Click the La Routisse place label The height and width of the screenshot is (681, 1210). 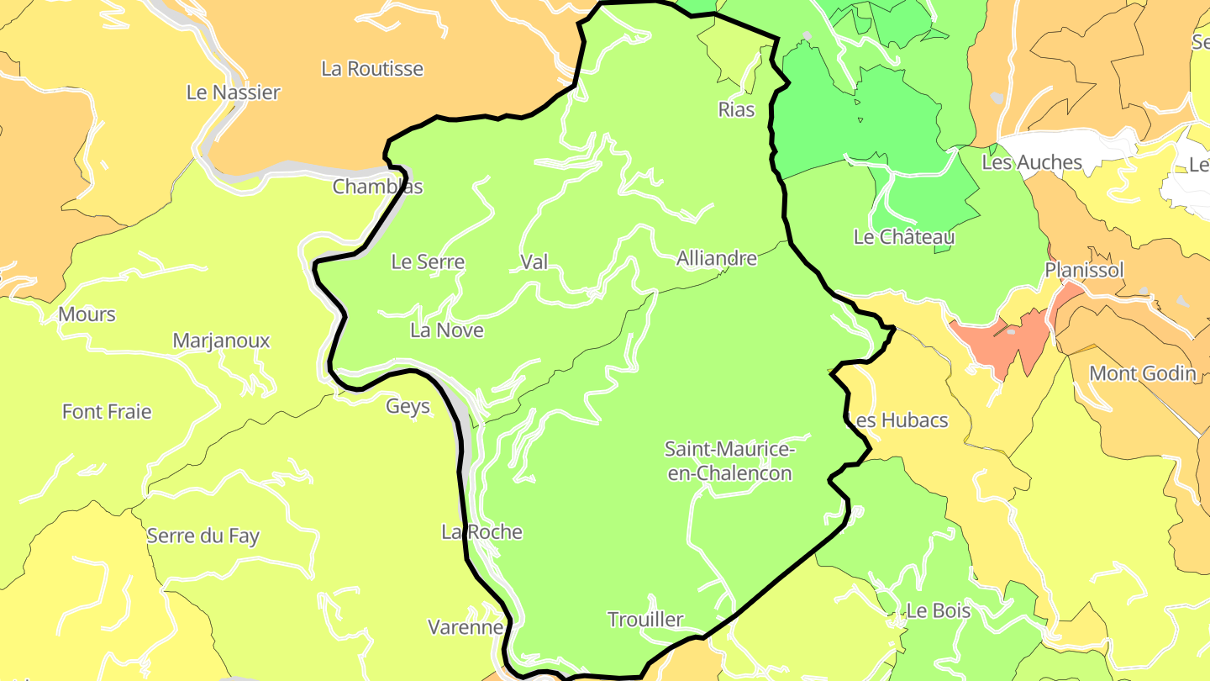tap(372, 69)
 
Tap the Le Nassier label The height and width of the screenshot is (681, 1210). tap(234, 92)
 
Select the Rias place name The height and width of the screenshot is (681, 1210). tap(736, 109)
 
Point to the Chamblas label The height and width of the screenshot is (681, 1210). tap(377, 187)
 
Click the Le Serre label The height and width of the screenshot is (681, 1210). tap(428, 262)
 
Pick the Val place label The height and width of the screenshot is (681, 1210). tap(534, 262)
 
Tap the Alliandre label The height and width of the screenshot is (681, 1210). tap(716, 259)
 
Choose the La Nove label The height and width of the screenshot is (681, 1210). tap(447, 330)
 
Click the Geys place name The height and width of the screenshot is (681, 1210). tap(408, 407)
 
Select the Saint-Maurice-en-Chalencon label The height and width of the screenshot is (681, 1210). tap(729, 461)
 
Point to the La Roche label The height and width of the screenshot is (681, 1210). tap(482, 532)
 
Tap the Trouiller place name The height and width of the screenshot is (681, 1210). tap(645, 620)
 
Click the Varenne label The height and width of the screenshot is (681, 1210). tap(466, 627)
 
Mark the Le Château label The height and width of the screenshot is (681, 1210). tap(904, 237)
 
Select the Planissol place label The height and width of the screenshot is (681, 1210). tap(1084, 270)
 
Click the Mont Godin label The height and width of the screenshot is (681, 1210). tap(1142, 373)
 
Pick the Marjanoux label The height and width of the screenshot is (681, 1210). tap(221, 340)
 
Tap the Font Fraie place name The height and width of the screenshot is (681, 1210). tap(107, 412)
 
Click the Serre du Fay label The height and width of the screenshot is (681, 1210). tap(203, 536)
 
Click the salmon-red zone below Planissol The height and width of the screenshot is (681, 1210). tap(1000, 340)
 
